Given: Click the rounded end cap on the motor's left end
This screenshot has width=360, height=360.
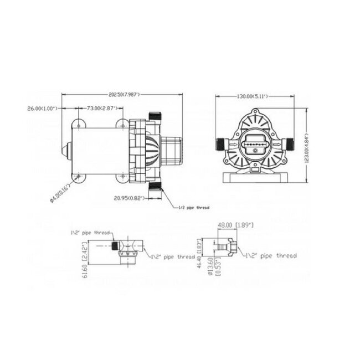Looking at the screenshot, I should (65, 149).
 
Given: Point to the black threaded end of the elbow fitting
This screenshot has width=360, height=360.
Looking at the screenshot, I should (115, 244).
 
